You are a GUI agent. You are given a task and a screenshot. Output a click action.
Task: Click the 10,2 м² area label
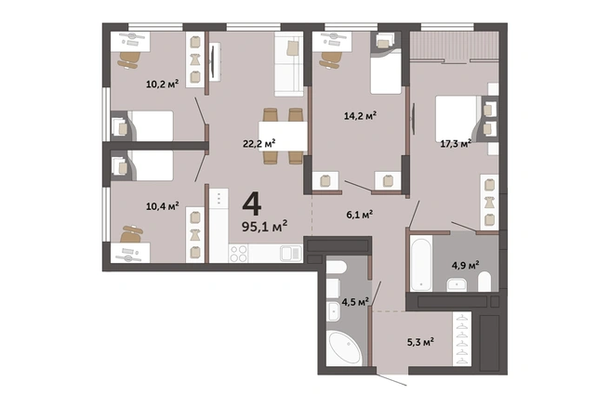pos(162,84)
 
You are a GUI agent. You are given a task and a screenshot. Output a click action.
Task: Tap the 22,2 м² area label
pos(259,143)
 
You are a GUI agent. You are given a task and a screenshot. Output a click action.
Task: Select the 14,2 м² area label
pos(360,115)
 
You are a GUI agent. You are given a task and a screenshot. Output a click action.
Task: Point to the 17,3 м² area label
pos(456,144)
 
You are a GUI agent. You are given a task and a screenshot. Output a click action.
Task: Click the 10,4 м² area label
pos(162,205)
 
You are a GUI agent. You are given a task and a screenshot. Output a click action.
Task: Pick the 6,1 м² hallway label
pos(360,215)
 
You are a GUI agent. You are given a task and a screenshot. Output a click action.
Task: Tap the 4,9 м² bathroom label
pos(465,266)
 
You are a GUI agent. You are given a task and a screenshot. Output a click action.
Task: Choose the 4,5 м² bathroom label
pos(355,302)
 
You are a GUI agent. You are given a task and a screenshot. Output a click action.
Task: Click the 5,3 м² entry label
pos(420,343)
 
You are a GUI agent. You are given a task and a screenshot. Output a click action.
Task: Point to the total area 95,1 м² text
pos(264,226)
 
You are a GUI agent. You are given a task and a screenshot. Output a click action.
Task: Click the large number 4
pos(252,204)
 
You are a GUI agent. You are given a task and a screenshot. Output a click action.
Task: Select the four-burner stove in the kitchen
pos(238,254)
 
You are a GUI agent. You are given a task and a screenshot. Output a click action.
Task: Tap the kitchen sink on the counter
pos(291,254)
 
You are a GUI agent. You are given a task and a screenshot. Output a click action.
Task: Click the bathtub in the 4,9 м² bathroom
pos(421,264)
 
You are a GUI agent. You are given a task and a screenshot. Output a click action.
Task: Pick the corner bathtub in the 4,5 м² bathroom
pos(345,348)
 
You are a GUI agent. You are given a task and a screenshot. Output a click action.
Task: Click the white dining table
pos(283,136)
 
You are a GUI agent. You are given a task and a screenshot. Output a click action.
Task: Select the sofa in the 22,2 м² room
pos(288,64)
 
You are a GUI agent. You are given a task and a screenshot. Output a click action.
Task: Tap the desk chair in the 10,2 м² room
pos(129,59)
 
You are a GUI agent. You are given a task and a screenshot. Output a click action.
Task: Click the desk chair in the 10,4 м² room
pos(131,234)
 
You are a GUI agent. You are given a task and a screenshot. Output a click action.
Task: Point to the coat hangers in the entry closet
pos(462,339)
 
